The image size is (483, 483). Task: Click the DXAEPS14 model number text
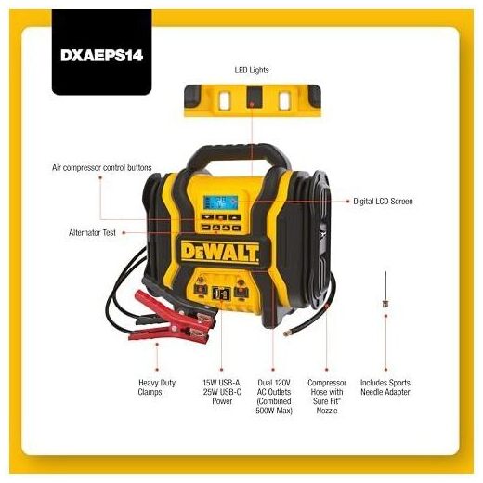coord(101,56)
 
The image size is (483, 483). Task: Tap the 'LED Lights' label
coord(252,70)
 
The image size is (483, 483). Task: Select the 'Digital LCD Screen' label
coord(383,202)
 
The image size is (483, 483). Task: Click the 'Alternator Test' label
coord(92,232)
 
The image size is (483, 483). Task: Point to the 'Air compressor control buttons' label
coord(102,168)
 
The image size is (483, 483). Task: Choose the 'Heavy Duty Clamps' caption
coord(157,387)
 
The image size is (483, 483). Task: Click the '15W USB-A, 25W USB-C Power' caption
coord(222,392)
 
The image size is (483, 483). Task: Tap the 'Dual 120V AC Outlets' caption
coord(274,397)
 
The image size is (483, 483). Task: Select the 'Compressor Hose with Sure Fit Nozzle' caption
coord(327,397)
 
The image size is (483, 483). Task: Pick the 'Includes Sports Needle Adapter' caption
coord(385,387)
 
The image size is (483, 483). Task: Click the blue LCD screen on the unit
coord(220,202)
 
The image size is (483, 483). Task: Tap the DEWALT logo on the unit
coord(220,252)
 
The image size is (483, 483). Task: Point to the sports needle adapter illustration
coord(385,290)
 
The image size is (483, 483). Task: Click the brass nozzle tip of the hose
coord(286,333)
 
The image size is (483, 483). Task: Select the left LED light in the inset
coord(224,100)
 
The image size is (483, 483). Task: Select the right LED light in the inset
coord(284,100)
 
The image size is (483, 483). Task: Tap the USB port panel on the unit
coord(221,293)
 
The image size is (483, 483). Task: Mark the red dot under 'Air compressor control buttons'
coord(100,177)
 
